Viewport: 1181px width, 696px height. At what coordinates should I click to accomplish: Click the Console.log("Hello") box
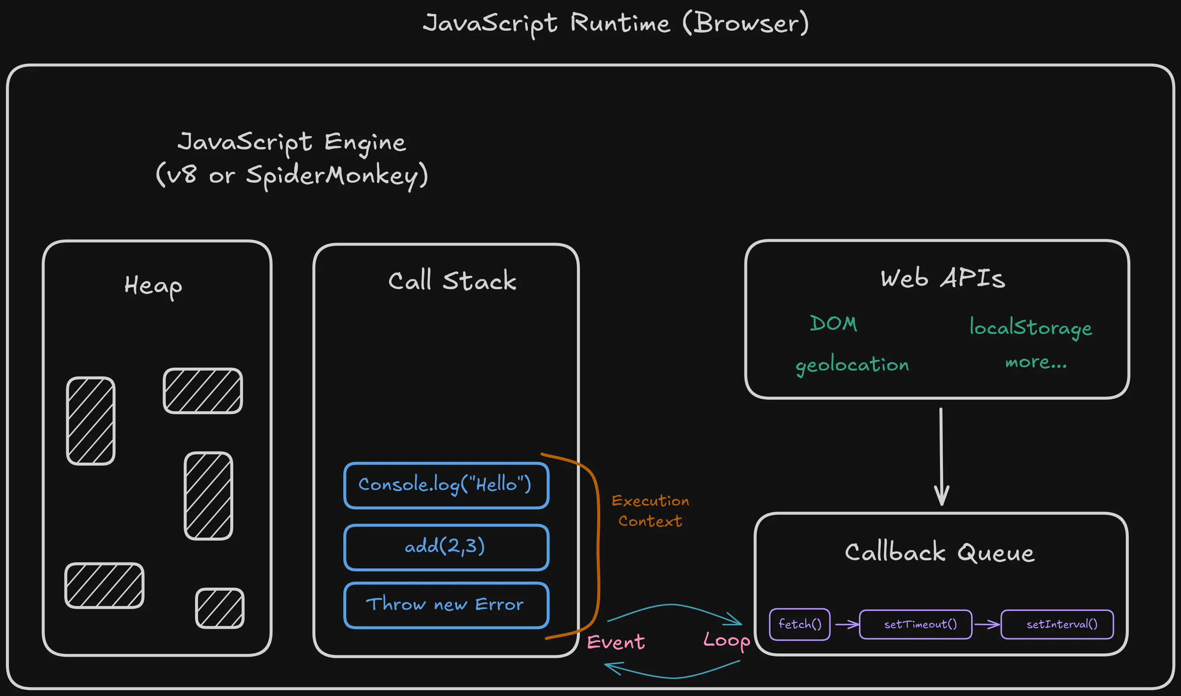(x=446, y=485)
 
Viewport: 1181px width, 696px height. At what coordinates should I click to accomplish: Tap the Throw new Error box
(x=446, y=605)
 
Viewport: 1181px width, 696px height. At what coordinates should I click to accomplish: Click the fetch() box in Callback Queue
(x=799, y=624)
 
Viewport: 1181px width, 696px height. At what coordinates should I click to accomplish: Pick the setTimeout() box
(x=915, y=624)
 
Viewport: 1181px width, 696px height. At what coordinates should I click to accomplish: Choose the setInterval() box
(x=1057, y=624)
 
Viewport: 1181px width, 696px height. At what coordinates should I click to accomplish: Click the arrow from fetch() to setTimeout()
(x=846, y=624)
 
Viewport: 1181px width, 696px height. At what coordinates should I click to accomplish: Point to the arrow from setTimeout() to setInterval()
(x=987, y=624)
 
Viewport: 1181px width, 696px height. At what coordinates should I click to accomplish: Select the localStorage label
(x=1031, y=327)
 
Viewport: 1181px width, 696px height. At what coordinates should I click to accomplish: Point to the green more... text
(x=1036, y=362)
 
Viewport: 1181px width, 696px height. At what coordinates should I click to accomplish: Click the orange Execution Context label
(x=650, y=511)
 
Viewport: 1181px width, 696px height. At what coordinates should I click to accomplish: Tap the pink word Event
(x=616, y=642)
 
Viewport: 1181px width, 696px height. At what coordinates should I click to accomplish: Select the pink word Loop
(x=726, y=640)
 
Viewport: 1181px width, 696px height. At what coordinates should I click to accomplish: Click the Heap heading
(x=153, y=286)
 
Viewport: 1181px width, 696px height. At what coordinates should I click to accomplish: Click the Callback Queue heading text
(x=940, y=553)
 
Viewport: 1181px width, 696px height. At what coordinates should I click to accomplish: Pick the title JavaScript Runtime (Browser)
(x=616, y=23)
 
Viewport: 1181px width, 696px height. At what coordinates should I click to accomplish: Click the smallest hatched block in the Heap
(x=220, y=608)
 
